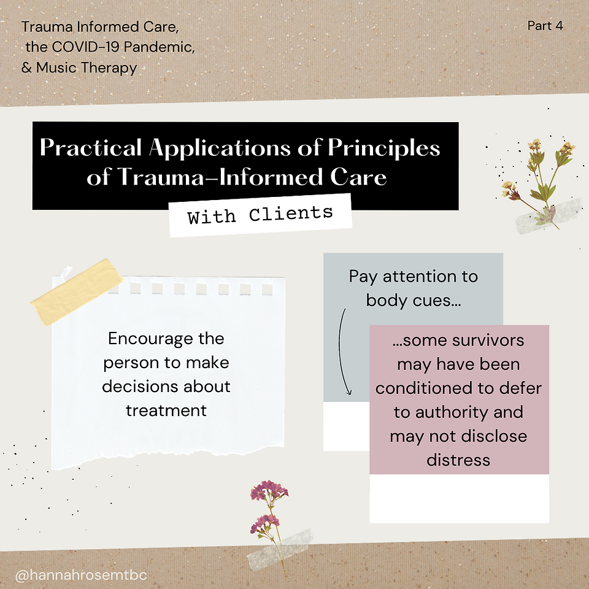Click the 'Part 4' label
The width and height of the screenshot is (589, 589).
pos(545,26)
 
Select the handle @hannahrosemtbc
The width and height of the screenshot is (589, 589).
pos(81,575)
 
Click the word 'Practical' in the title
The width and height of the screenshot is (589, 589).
pos(91,147)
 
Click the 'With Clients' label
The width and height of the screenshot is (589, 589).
pos(260,215)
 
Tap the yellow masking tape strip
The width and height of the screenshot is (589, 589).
pos(77,292)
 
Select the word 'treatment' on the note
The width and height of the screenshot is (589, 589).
pos(166,410)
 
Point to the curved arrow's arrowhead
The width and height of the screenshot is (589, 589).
pos(348,391)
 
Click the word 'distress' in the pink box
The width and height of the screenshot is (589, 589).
pos(458,460)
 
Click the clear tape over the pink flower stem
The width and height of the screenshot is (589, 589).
pos(280,549)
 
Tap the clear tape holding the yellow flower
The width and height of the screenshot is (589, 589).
pos(549,217)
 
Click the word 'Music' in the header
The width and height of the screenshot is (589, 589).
pos(56,67)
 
